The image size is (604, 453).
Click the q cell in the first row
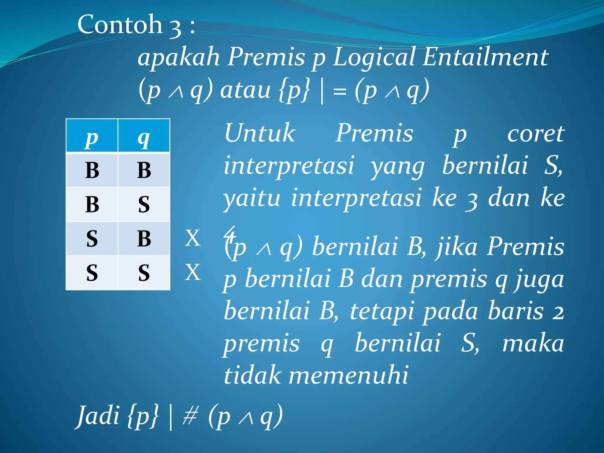coord(144,170)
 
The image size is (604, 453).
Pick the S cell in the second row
coord(144,204)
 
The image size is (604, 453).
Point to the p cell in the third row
coord(92,238)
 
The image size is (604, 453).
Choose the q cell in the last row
coord(144,273)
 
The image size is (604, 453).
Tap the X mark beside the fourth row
coord(193,272)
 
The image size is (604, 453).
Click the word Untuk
coord(260,133)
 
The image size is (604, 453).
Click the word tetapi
coord(382,311)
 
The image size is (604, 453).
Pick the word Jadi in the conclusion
coord(98,416)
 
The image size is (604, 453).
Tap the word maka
coord(533,344)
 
